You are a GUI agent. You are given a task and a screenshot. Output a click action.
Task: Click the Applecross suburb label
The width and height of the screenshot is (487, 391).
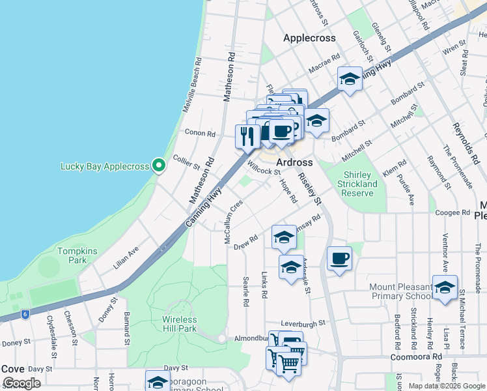tap(309, 38)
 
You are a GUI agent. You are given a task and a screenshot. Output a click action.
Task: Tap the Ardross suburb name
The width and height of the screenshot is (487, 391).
tap(294, 162)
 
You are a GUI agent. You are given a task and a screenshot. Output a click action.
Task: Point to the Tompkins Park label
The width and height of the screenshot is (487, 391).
tap(72, 255)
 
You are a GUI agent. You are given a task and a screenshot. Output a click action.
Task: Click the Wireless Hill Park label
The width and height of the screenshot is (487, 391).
tap(180, 324)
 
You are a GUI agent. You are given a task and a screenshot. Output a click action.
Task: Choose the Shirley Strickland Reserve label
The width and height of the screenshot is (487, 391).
tap(357, 184)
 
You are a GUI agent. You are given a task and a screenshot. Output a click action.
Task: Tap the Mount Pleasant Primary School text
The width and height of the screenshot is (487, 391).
tap(400, 291)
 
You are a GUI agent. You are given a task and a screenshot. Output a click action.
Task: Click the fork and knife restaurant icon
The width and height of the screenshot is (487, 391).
tap(247, 136)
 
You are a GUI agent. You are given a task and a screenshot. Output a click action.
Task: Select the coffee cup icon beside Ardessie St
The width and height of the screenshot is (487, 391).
tap(339, 259)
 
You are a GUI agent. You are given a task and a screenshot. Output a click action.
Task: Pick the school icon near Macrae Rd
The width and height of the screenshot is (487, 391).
tap(350, 80)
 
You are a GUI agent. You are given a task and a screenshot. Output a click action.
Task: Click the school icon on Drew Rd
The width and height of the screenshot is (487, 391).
tap(284, 239)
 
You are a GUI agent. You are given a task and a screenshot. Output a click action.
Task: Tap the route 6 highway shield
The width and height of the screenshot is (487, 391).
tap(25, 314)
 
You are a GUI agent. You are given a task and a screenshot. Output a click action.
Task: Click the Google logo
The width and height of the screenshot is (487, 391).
tap(21, 383)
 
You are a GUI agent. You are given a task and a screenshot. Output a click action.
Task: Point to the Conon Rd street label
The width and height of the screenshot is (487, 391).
tap(200, 132)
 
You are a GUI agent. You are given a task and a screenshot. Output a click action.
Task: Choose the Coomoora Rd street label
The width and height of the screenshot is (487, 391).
tap(416, 357)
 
